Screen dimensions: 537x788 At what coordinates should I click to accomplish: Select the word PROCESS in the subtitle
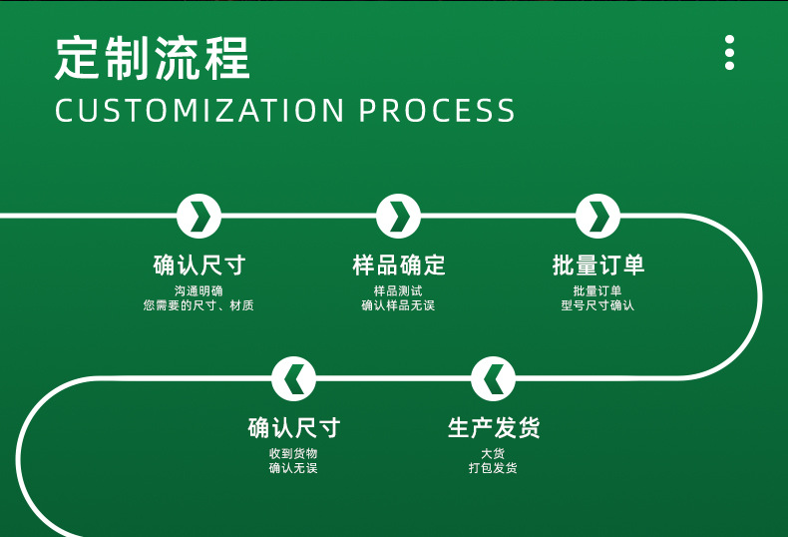click(x=438, y=111)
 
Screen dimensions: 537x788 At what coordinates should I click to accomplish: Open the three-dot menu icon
click(x=729, y=52)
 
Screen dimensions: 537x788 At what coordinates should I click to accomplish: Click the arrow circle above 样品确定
click(x=398, y=216)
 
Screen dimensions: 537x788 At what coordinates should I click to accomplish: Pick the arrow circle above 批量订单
click(x=597, y=216)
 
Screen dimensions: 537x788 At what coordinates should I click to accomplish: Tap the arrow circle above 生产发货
click(x=493, y=379)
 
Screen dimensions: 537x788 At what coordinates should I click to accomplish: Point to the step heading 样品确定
click(x=398, y=266)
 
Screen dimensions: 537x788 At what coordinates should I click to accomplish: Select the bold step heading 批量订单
click(x=597, y=266)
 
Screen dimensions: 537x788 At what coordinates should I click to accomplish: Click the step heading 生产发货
click(x=493, y=429)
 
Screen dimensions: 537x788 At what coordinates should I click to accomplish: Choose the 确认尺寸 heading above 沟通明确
click(x=198, y=266)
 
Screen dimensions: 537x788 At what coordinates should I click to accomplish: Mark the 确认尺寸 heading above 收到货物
click(x=293, y=429)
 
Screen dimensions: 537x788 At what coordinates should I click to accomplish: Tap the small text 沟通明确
click(x=198, y=290)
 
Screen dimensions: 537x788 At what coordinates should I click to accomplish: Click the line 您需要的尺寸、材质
click(x=198, y=305)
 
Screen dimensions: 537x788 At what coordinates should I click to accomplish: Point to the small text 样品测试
click(x=398, y=290)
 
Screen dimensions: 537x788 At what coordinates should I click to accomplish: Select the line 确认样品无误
click(x=398, y=305)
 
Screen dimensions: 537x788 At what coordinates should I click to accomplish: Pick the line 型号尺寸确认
click(x=597, y=305)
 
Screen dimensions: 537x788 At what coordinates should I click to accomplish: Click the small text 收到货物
click(x=293, y=453)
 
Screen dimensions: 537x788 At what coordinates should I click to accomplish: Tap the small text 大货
click(x=493, y=453)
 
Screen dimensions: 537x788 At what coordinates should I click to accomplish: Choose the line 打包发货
click(x=493, y=468)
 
